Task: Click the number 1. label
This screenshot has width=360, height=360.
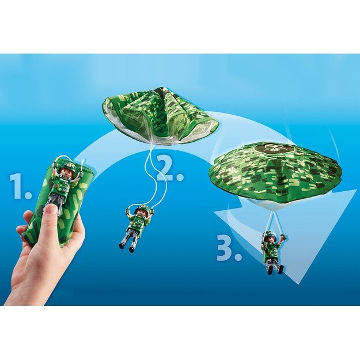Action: click(20, 185)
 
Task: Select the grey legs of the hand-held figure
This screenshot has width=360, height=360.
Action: click(56, 199)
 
